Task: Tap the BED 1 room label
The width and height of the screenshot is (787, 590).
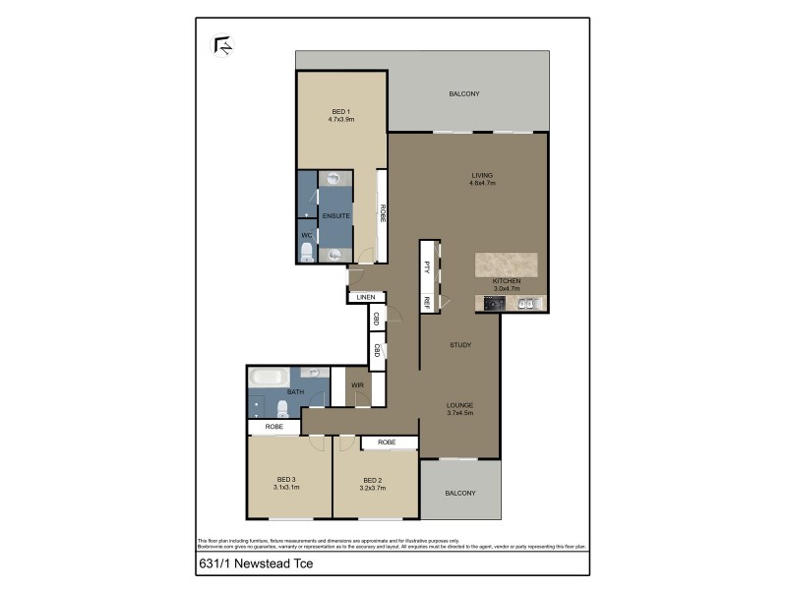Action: point(340,111)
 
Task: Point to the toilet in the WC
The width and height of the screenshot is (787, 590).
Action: point(306,255)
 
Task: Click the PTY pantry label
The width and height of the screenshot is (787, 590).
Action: point(428,265)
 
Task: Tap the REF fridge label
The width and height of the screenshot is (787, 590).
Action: point(428,302)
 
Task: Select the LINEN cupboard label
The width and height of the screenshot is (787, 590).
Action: point(366,297)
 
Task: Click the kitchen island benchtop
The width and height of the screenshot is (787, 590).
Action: point(508,265)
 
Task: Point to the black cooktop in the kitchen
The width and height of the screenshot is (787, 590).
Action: point(494,304)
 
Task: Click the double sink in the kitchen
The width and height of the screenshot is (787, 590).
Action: point(526,304)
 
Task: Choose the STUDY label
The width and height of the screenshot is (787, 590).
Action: point(459,345)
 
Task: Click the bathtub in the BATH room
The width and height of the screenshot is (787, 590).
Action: point(269,377)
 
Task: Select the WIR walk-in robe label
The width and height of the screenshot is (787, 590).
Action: point(357,385)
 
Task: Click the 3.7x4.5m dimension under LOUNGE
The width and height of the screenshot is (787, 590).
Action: point(459,413)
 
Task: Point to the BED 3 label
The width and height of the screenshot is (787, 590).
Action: point(286,479)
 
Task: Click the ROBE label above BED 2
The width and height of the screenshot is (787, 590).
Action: point(387,442)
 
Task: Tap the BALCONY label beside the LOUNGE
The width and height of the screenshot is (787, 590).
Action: point(459,493)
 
